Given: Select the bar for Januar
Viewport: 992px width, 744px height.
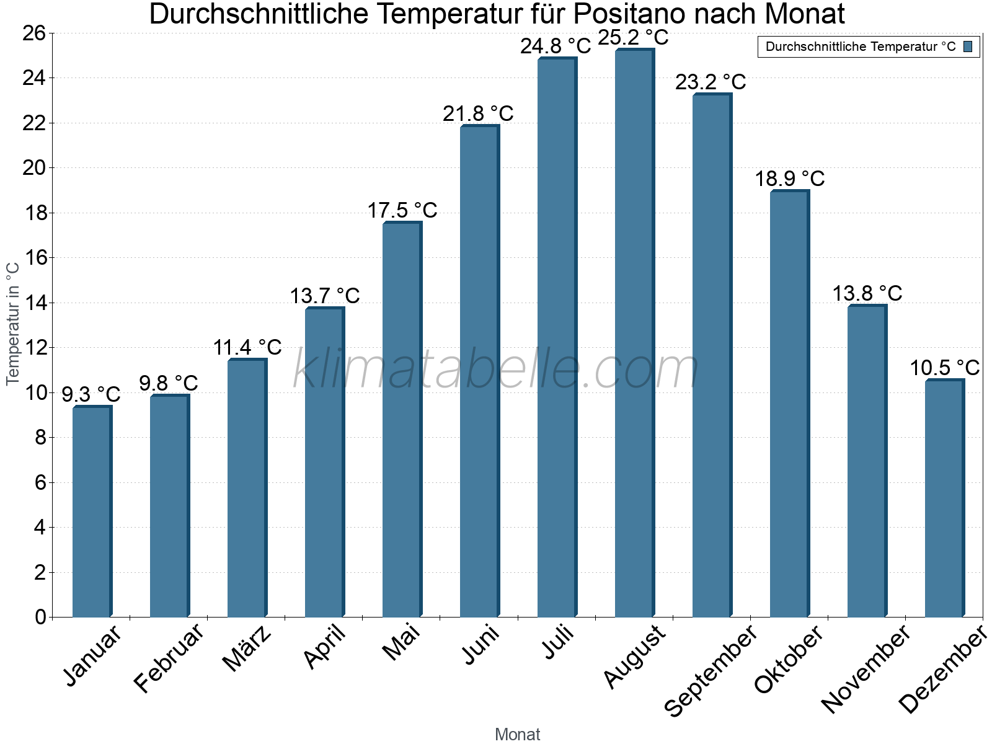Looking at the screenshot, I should [x=92, y=511].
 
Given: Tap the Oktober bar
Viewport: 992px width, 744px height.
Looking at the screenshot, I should [x=789, y=404].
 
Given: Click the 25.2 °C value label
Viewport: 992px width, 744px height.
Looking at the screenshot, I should [x=633, y=38].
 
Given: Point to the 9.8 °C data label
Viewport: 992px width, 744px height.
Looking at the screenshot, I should [x=169, y=384].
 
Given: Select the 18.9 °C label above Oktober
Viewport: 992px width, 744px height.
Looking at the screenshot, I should [x=789, y=179].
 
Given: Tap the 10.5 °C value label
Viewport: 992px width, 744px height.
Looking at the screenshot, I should [x=944, y=368].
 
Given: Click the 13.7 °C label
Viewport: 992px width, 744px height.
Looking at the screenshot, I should [x=325, y=296].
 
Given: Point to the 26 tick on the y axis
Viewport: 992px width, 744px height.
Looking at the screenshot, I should [x=34, y=33].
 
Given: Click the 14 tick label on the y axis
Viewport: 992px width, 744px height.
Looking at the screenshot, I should [x=34, y=303].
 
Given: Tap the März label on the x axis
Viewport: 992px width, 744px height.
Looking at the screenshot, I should [x=247, y=649].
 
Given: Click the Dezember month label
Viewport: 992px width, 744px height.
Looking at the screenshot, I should [x=942, y=670].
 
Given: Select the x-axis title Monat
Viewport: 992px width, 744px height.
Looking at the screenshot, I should [x=517, y=735].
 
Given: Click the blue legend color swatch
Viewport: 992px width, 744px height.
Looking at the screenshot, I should [x=968, y=46].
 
